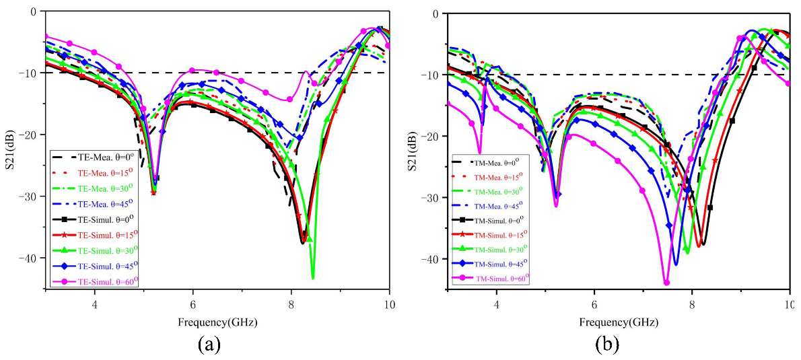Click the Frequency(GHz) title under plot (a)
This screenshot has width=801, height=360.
(x=217, y=322)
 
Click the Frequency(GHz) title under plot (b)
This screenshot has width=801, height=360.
(x=618, y=322)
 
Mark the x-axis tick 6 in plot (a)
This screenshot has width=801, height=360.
(x=193, y=300)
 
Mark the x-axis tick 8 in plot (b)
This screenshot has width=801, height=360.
(x=692, y=300)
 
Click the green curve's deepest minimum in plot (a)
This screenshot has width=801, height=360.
(x=313, y=277)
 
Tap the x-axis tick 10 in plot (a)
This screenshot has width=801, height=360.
(x=388, y=300)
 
